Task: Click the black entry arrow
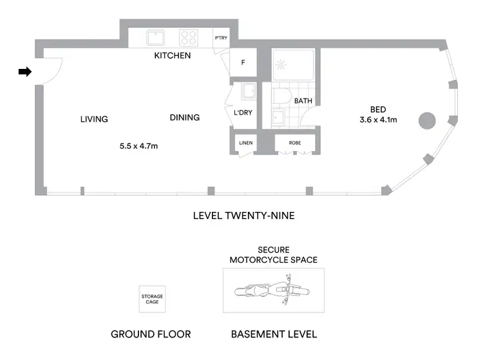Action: point(24,72)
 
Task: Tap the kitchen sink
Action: point(155,37)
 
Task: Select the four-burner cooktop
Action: point(188,37)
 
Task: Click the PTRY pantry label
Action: point(221,38)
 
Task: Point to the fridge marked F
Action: point(243,63)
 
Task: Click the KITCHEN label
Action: point(172,56)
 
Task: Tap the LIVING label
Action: point(94,119)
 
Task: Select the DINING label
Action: point(184,118)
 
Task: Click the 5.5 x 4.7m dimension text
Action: point(138,146)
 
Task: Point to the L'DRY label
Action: point(243,113)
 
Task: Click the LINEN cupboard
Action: point(245,142)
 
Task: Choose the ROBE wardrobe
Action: point(295,142)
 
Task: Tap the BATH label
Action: point(303,102)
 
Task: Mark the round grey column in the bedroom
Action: point(427,120)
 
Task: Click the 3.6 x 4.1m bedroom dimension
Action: point(378,120)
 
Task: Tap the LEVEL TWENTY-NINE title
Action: point(243,216)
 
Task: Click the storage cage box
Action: point(153,299)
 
